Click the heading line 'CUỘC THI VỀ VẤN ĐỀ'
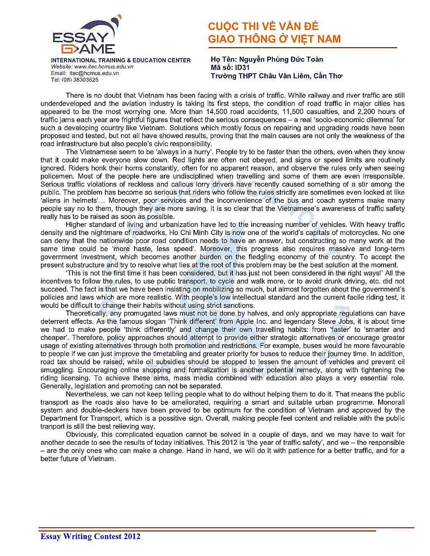coord(263,27)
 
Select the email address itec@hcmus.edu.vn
coord(94,73)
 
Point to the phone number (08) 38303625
coord(80,80)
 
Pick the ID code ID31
coord(242,67)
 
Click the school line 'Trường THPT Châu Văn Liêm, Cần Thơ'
coord(276,76)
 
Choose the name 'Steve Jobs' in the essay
coord(336,321)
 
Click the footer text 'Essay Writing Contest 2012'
coord(90,536)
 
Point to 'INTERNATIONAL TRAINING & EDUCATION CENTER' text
coord(121,60)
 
